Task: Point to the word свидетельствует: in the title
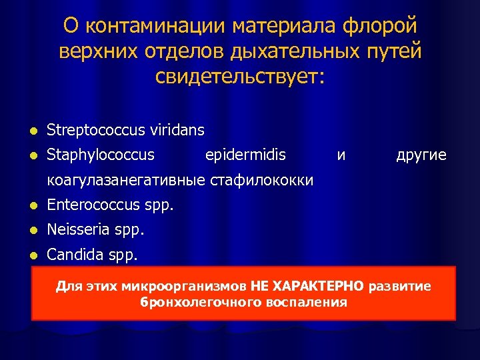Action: coord(240,76)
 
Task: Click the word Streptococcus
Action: coord(93,129)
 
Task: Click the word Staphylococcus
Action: coord(100,155)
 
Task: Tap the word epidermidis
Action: coord(245,155)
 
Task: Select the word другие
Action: coord(421,155)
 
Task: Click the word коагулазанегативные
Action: coord(127,180)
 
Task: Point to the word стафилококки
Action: coord(261,180)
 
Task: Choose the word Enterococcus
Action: coord(94,205)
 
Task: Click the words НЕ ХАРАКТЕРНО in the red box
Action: coord(307,287)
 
